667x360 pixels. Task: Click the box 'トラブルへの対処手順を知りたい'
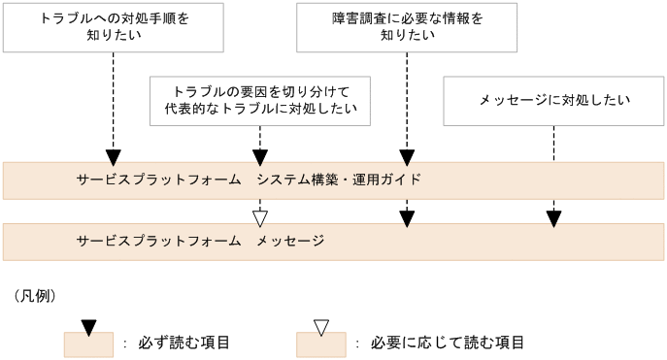[x=114, y=27]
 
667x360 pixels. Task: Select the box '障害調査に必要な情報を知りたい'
[x=406, y=27]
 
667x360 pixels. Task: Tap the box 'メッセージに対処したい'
[x=553, y=100]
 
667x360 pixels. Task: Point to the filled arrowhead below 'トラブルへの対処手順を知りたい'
[x=114, y=156]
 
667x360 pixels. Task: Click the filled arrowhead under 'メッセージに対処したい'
[x=553, y=218]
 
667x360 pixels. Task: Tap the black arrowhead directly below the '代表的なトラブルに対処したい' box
[x=259, y=156]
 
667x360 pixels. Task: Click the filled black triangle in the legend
[x=88, y=328]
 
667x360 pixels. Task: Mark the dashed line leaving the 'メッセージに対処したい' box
[x=553, y=165]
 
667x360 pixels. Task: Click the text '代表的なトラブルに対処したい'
[x=259, y=109]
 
